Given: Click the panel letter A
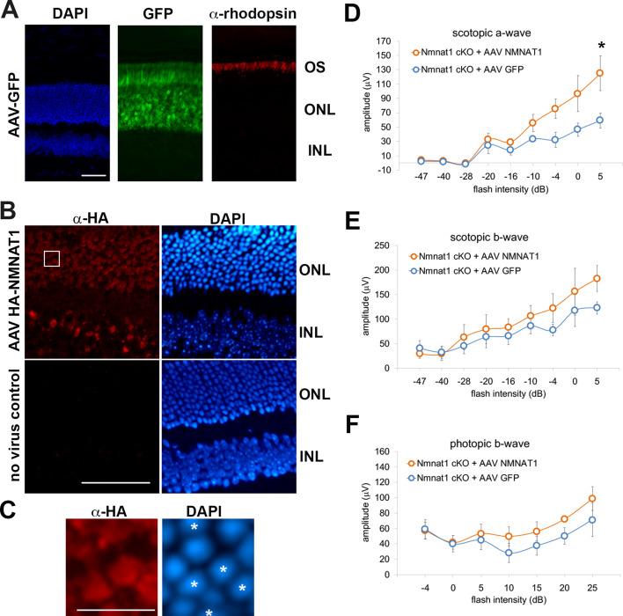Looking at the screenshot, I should pyautogui.click(x=11, y=10).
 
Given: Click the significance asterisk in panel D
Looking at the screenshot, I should pyautogui.click(x=599, y=45).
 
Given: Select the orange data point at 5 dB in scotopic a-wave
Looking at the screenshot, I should pyautogui.click(x=599, y=73).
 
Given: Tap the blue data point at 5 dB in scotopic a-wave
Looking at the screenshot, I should pyautogui.click(x=599, y=121).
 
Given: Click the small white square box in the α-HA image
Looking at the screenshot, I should pyautogui.click(x=52, y=259).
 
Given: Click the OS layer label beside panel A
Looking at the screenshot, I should pyautogui.click(x=311, y=67).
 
